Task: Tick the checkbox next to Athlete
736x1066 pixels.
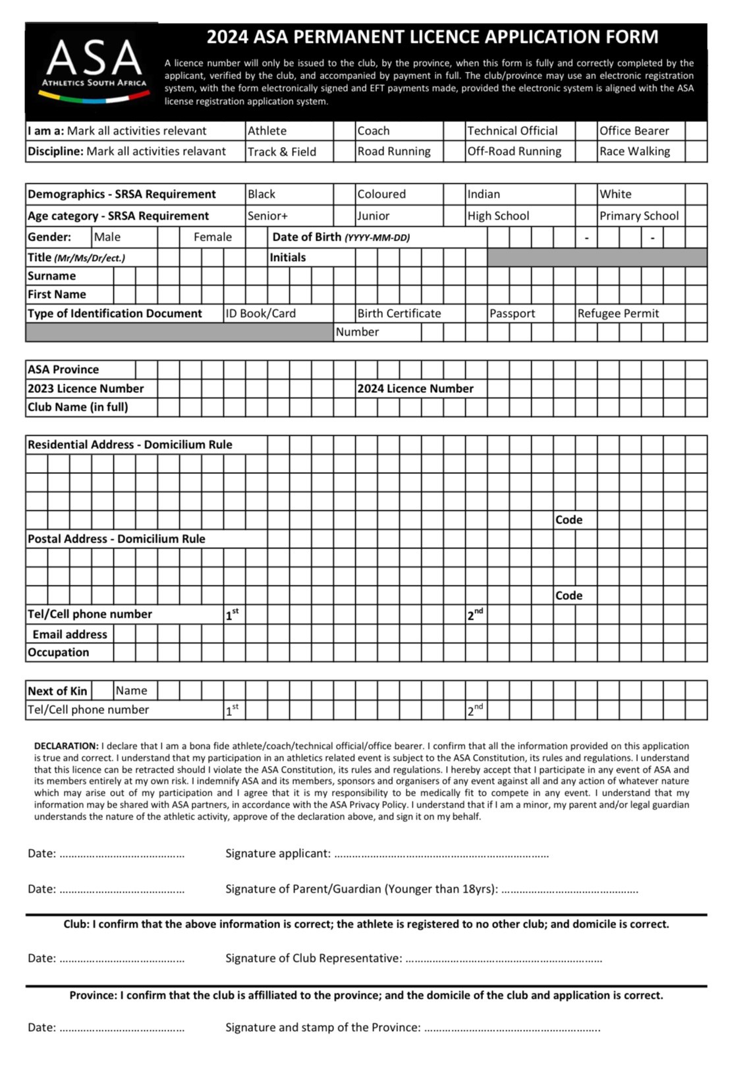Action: pyautogui.click(x=345, y=131)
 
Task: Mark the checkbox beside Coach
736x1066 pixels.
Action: pyautogui.click(x=455, y=131)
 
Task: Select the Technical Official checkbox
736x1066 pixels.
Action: pyautogui.click(x=586, y=131)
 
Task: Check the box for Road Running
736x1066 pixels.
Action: pyautogui.click(x=455, y=151)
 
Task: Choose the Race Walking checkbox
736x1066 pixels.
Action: pyautogui.click(x=696, y=151)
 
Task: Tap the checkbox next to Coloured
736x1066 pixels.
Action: pyautogui.click(x=455, y=194)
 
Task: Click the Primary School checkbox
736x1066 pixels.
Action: pyautogui.click(x=696, y=216)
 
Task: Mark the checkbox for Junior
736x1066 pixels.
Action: pyautogui.click(x=455, y=216)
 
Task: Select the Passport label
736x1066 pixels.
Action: pyautogui.click(x=512, y=314)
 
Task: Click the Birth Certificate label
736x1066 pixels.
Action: pyautogui.click(x=399, y=314)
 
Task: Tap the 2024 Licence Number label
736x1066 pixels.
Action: pyautogui.click(x=415, y=389)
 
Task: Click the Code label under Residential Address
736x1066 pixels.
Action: pyautogui.click(x=569, y=520)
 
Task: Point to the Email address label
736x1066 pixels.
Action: pyautogui.click(x=70, y=634)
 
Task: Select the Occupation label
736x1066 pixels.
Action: pyautogui.click(x=58, y=653)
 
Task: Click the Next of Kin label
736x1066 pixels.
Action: pyautogui.click(x=57, y=691)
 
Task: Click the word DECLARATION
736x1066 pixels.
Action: pyautogui.click(x=66, y=746)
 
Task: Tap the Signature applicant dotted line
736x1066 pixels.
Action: pyautogui.click(x=441, y=854)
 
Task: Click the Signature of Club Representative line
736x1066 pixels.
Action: pyautogui.click(x=503, y=959)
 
